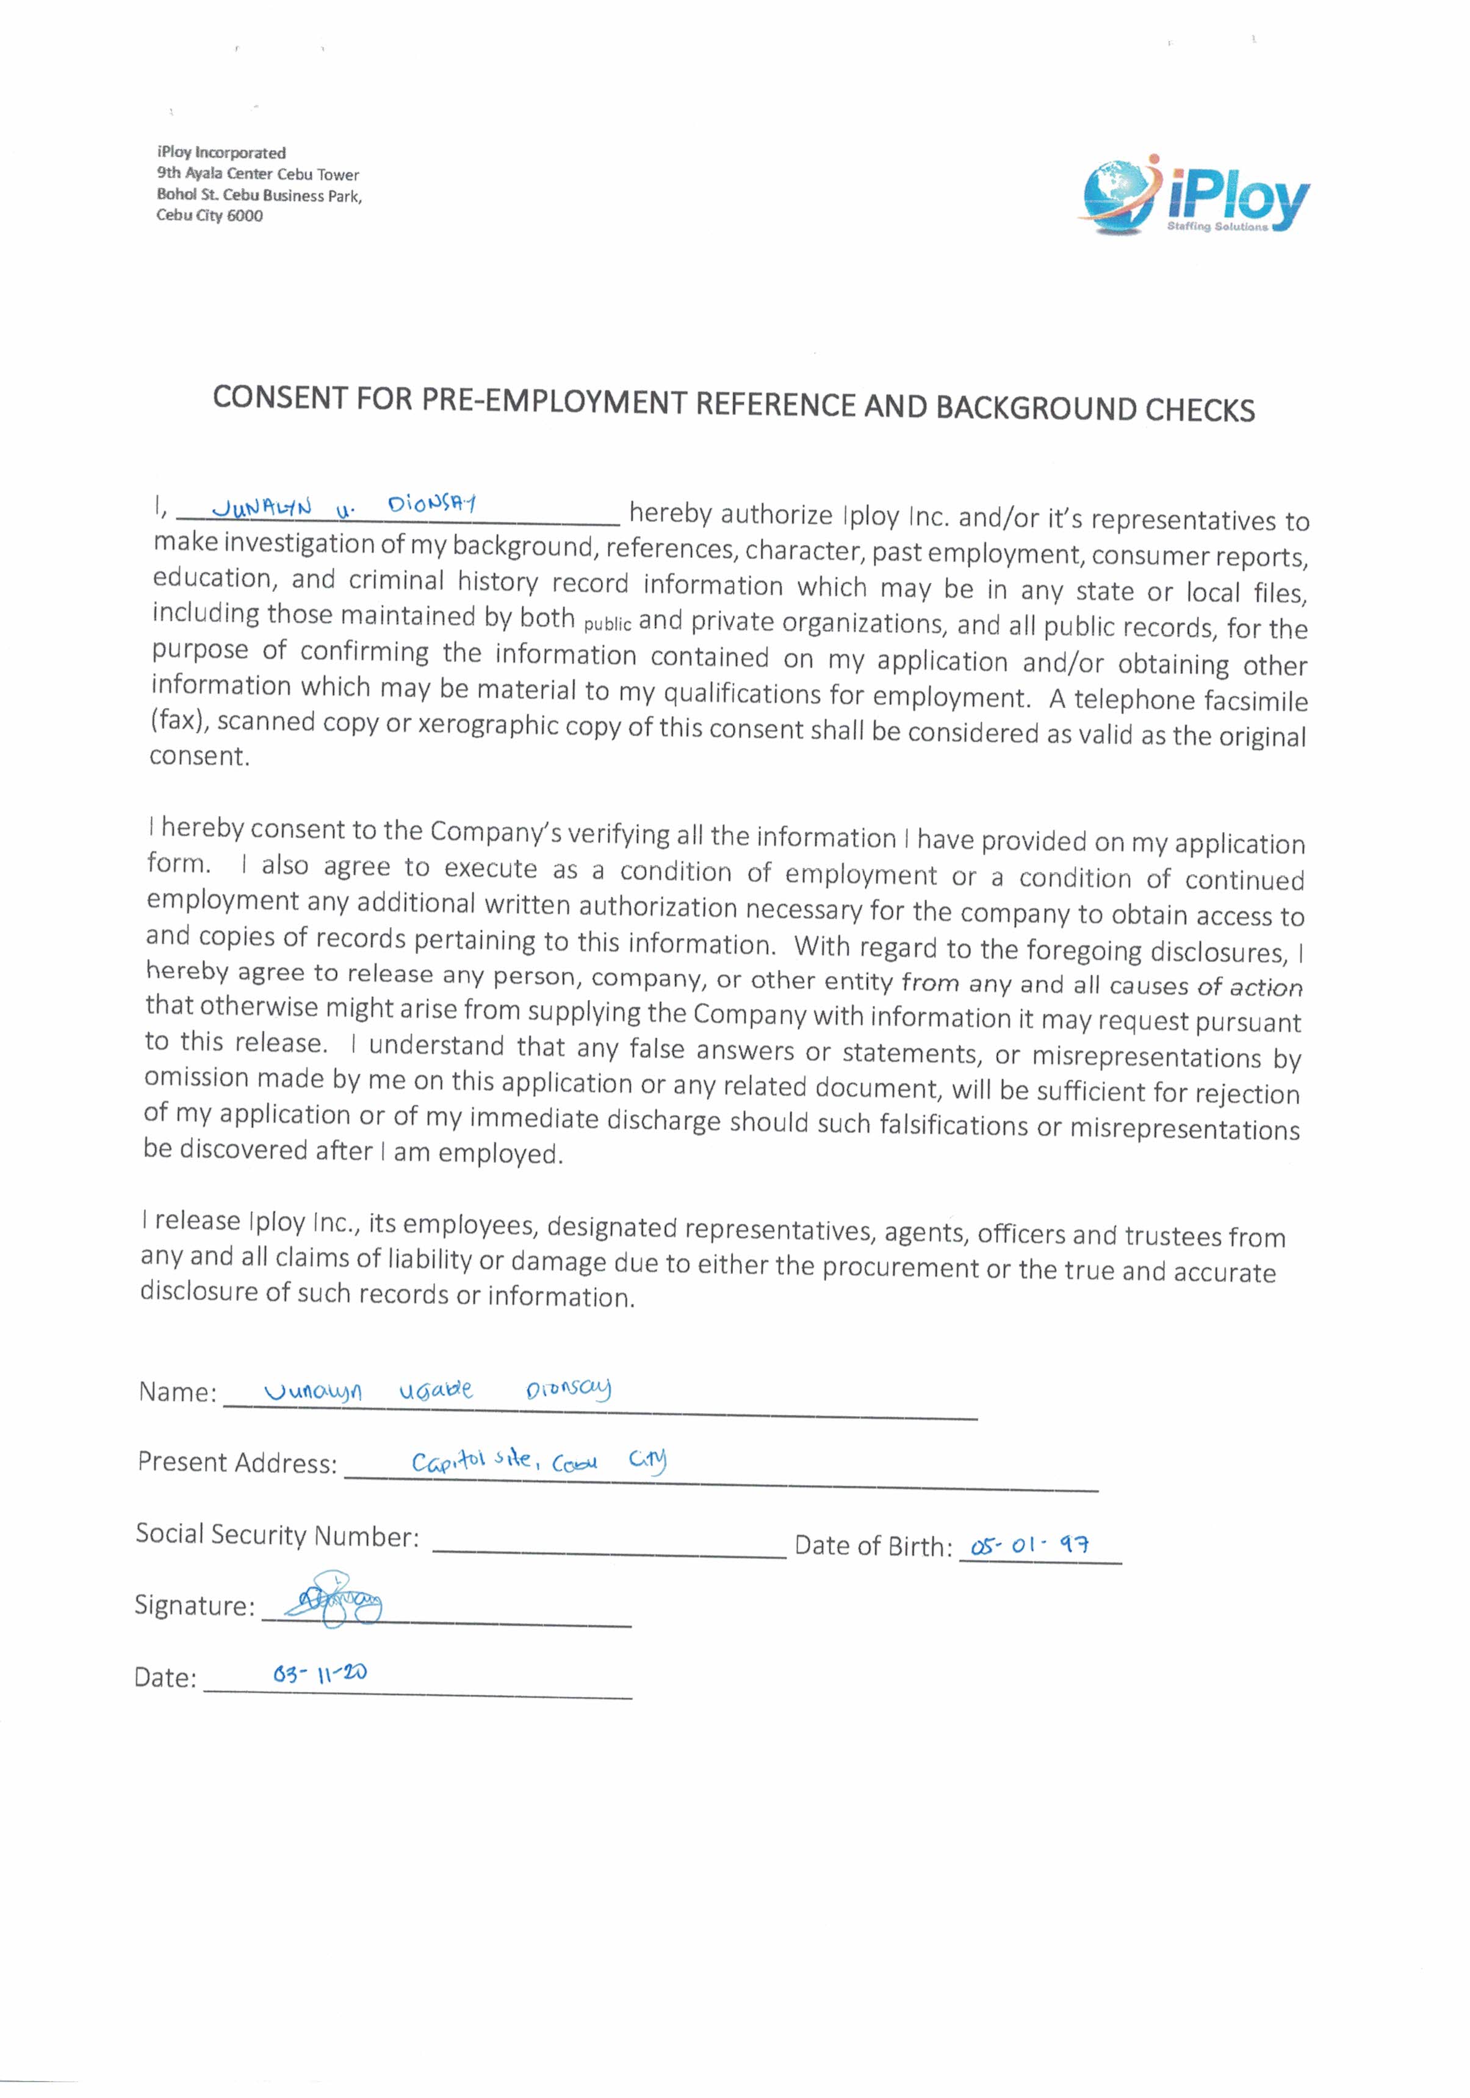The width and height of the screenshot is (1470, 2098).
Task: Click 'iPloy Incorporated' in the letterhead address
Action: pos(221,153)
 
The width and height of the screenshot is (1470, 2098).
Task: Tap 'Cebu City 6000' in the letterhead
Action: pos(209,215)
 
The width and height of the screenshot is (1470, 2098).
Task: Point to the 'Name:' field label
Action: pos(177,1392)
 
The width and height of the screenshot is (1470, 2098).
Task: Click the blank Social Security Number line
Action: pos(608,1548)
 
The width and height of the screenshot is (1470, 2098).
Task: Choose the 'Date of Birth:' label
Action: pos(873,1546)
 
